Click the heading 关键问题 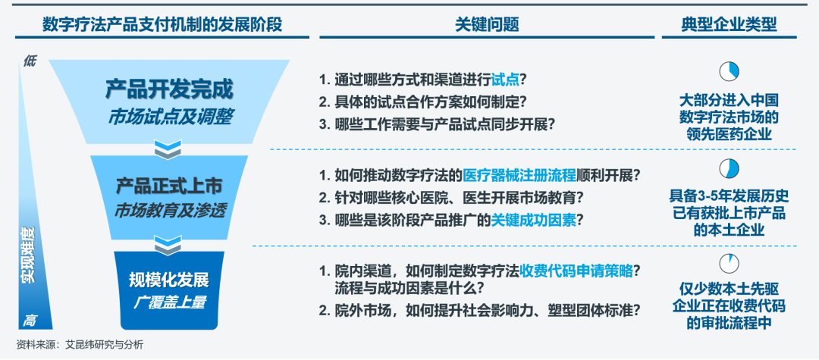tap(487, 24)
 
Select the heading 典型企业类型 tap(729, 24)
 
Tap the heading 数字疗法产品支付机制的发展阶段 tap(162, 24)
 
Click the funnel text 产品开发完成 tap(169, 89)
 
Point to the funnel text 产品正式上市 tap(169, 186)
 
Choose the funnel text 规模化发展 tap(169, 280)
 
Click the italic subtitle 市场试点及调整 tap(169, 118)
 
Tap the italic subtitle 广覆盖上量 tap(169, 303)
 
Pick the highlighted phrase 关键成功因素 tap(533, 221)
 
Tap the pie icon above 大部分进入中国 tap(730, 71)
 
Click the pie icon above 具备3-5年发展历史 tap(730, 168)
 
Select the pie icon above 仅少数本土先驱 tap(730, 264)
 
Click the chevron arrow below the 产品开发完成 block tap(168, 149)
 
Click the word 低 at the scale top tap(30, 61)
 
